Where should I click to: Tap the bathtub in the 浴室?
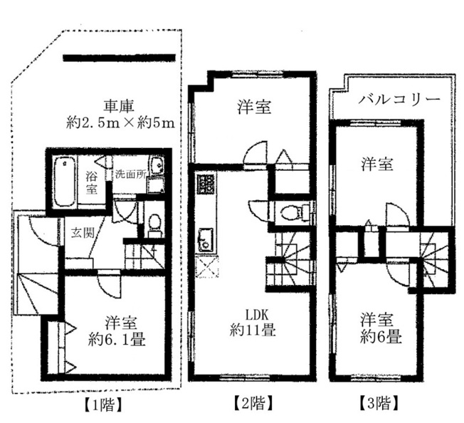[x=65, y=182]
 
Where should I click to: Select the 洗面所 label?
[x=130, y=174]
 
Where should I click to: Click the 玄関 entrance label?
[x=83, y=234]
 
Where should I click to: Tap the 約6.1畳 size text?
[x=117, y=340]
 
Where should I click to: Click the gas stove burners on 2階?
[x=206, y=184]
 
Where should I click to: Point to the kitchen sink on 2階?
[x=206, y=239]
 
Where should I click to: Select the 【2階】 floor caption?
[x=253, y=404]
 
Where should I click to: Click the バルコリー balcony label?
[x=399, y=99]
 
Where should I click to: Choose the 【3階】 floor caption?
[x=380, y=404]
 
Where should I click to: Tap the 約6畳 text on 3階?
[x=381, y=337]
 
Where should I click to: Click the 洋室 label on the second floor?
[x=254, y=107]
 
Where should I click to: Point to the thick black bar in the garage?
[x=120, y=58]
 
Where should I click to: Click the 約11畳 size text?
[x=253, y=330]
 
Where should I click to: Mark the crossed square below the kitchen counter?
[x=206, y=266]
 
